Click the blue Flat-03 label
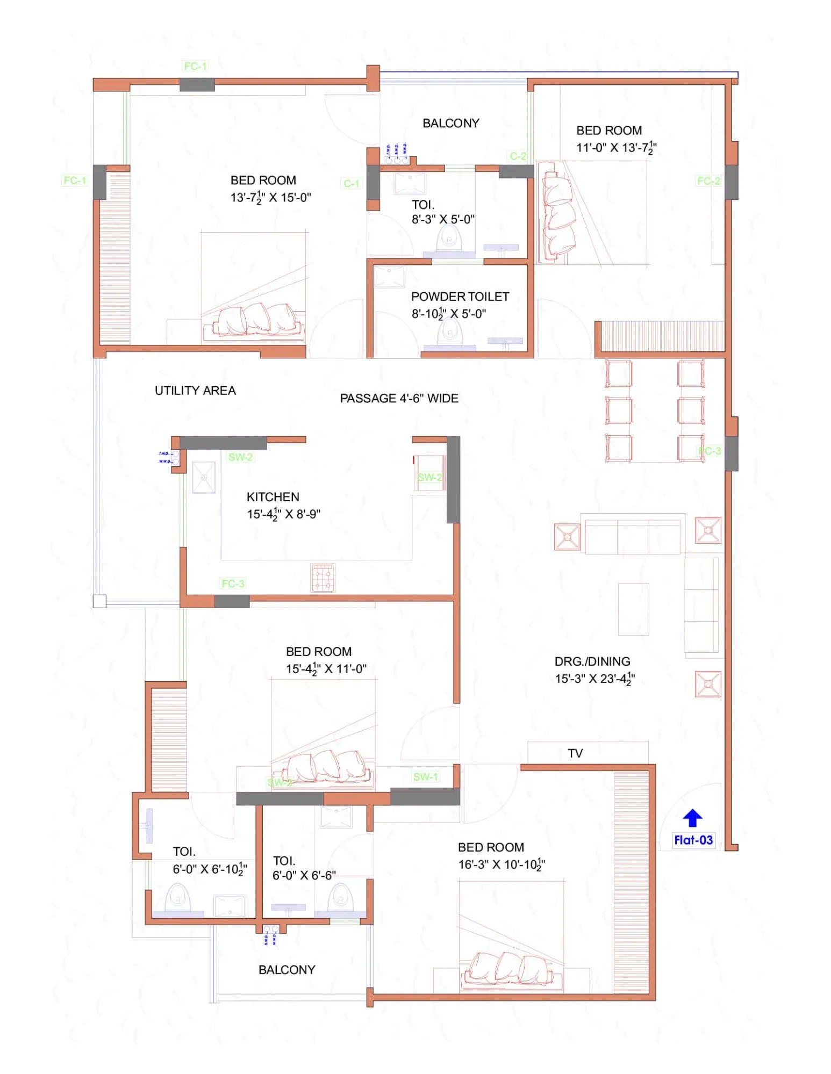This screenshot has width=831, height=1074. (x=693, y=840)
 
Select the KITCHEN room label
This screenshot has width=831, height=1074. (x=273, y=497)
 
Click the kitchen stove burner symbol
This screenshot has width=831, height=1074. (x=323, y=578)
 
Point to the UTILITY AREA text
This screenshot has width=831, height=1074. (x=195, y=391)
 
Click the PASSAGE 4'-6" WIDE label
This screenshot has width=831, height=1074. (x=399, y=399)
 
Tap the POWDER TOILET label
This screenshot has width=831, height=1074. (x=460, y=297)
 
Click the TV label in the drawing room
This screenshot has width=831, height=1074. (x=575, y=753)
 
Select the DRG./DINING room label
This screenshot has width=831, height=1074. (x=592, y=661)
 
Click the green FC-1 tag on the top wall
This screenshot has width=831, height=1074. (x=195, y=66)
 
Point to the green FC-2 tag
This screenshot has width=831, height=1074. (x=708, y=181)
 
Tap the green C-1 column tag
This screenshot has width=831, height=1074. (x=351, y=184)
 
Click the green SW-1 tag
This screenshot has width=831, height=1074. (x=425, y=777)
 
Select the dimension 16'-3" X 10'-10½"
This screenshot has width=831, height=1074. (x=501, y=864)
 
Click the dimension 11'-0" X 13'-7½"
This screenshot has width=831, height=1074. (x=616, y=148)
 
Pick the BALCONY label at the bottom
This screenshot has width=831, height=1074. (x=286, y=970)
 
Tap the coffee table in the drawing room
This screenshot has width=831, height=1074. (x=633, y=609)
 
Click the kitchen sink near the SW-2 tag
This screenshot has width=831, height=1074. (x=204, y=477)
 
